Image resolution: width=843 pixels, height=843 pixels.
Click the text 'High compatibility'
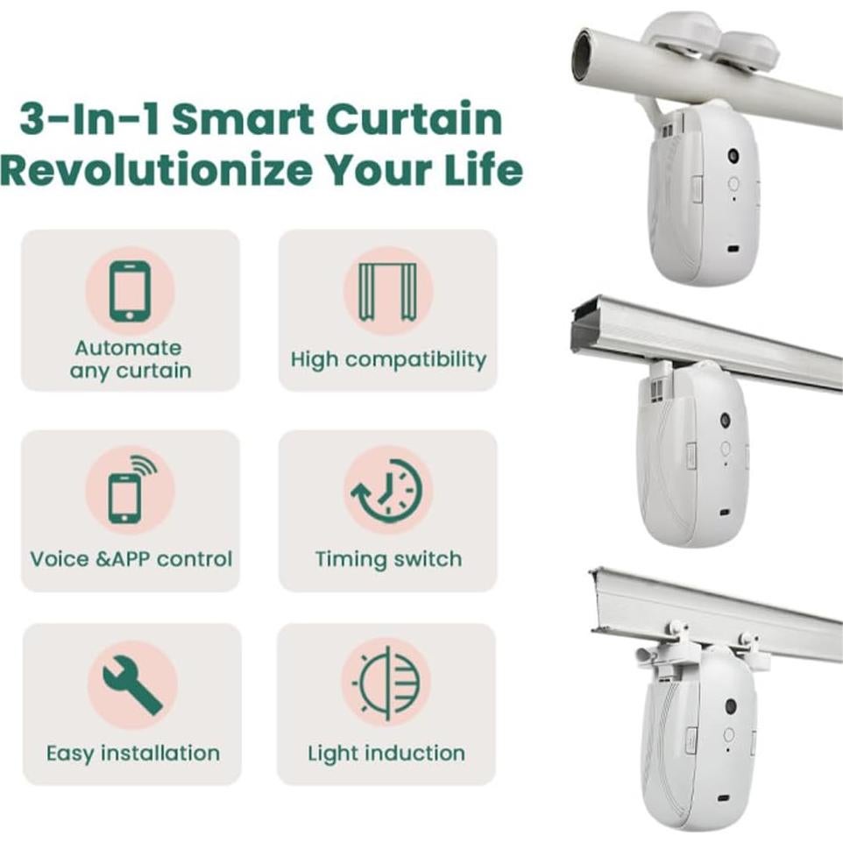(x=387, y=359)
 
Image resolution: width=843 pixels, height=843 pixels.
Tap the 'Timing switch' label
(x=387, y=559)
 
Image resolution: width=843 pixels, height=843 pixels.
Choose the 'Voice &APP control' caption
(x=131, y=559)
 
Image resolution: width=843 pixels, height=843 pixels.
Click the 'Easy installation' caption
(x=132, y=754)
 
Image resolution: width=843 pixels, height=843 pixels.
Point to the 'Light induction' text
(x=386, y=754)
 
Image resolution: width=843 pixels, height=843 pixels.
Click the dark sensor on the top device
(x=733, y=156)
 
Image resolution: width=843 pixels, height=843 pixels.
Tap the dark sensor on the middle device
(x=726, y=421)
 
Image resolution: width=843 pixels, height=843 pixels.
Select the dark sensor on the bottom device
(x=729, y=705)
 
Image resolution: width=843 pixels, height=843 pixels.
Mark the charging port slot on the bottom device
(x=723, y=799)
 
